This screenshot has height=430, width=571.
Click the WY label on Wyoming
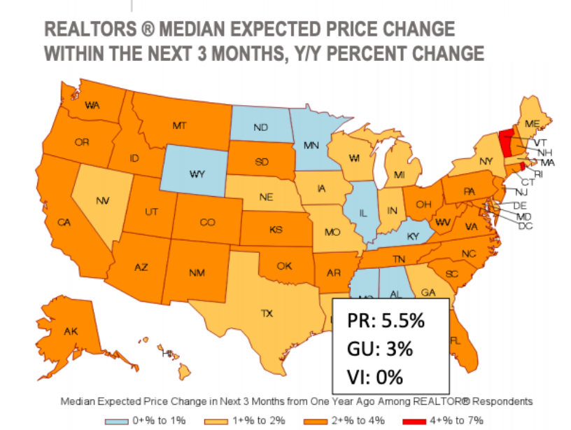[198, 174]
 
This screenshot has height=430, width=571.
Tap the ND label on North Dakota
[261, 128]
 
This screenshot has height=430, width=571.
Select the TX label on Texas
[267, 313]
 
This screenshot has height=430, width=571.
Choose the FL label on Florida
[455, 341]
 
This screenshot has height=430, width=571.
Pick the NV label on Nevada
[102, 202]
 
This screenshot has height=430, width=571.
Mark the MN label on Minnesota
[312, 147]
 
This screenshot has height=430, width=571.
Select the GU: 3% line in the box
[380, 349]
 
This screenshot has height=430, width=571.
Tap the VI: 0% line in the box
[375, 377]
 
